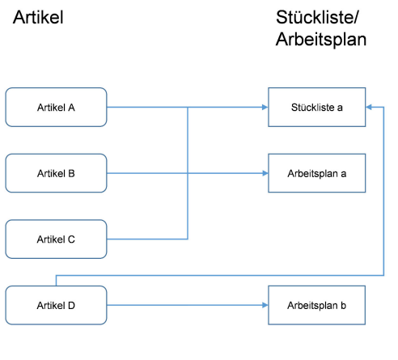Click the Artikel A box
click(56, 107)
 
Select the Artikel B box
click(56, 173)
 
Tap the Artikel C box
click(56, 239)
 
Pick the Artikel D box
click(56, 305)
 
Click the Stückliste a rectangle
click(317, 107)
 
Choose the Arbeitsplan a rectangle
click(317, 173)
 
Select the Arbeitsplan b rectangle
click(317, 305)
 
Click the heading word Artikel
click(38, 18)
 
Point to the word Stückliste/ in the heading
click(317, 18)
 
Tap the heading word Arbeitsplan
click(321, 40)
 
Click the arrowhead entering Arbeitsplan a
click(265, 173)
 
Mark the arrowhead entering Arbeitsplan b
click(265, 305)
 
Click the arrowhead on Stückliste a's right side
click(369, 107)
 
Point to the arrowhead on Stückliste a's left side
click(265, 107)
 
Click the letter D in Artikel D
click(71, 306)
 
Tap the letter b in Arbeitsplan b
click(343, 305)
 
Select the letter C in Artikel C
click(71, 239)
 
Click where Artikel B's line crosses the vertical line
click(188, 173)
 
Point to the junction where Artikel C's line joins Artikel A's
click(188, 108)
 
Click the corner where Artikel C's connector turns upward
click(188, 239)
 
